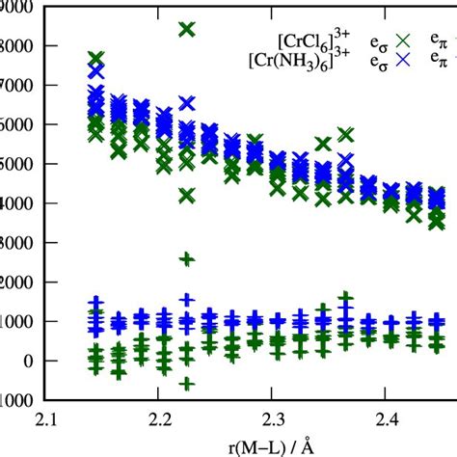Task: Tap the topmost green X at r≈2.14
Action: (x=95, y=59)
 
